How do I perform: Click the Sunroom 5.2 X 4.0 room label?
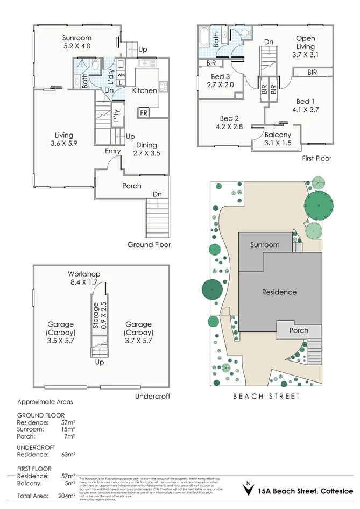pyautogui.click(x=76, y=43)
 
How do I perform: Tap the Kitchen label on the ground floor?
pyautogui.click(x=145, y=90)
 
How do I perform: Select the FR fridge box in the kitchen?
pyautogui.click(x=144, y=113)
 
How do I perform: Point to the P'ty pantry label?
pyautogui.click(x=116, y=117)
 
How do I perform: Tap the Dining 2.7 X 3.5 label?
pyautogui.click(x=147, y=149)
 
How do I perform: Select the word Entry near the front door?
pyautogui.click(x=112, y=151)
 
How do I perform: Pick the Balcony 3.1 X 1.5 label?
pyautogui.click(x=278, y=139)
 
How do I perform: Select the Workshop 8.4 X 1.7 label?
pyautogui.click(x=83, y=278)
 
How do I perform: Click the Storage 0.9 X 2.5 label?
pyautogui.click(x=100, y=316)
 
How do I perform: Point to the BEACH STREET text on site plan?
pyautogui.click(x=266, y=397)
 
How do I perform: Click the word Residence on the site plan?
pyautogui.click(x=279, y=292)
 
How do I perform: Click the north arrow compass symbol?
pyautogui.click(x=248, y=489)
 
